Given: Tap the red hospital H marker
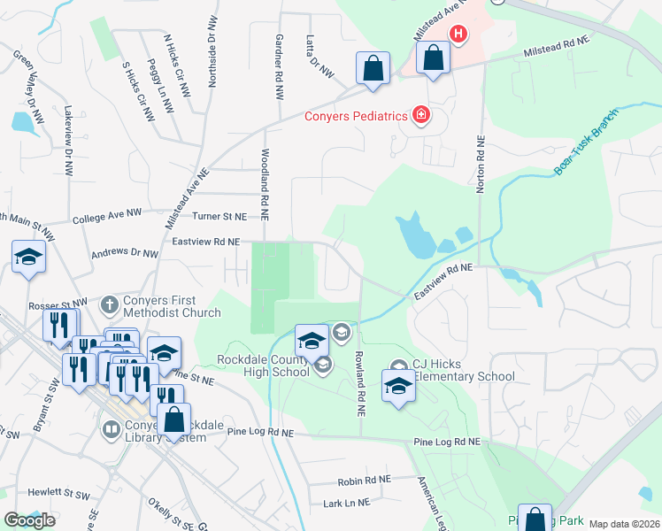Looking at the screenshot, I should click(x=458, y=35).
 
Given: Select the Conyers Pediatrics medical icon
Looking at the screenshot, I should click(x=421, y=115).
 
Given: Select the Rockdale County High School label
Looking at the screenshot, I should click(x=263, y=366).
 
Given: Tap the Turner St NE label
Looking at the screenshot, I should click(x=219, y=216).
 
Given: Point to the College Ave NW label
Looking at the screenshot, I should click(x=107, y=217).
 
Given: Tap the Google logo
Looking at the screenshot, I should click(x=29, y=520).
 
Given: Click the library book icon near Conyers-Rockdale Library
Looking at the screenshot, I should click(x=112, y=430).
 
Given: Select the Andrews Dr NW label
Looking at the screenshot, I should click(x=125, y=254).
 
